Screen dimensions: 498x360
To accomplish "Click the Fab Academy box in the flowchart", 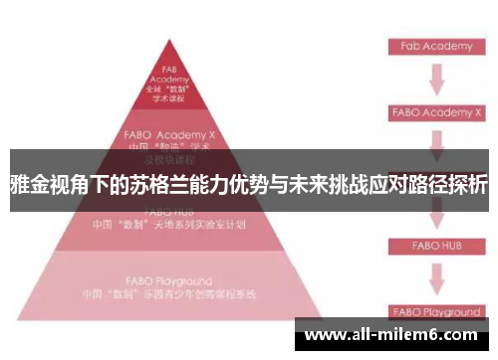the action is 436,46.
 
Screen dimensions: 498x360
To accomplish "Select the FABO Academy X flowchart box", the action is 436,112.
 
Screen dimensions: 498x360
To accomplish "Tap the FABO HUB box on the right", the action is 436,244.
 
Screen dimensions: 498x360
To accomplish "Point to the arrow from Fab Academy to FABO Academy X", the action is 436,79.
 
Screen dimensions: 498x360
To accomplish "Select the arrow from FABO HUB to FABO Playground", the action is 436,277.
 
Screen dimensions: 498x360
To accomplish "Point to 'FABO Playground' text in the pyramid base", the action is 169,280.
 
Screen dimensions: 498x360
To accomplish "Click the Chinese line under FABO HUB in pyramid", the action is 169,225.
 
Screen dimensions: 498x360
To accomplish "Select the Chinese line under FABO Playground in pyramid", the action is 169,294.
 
